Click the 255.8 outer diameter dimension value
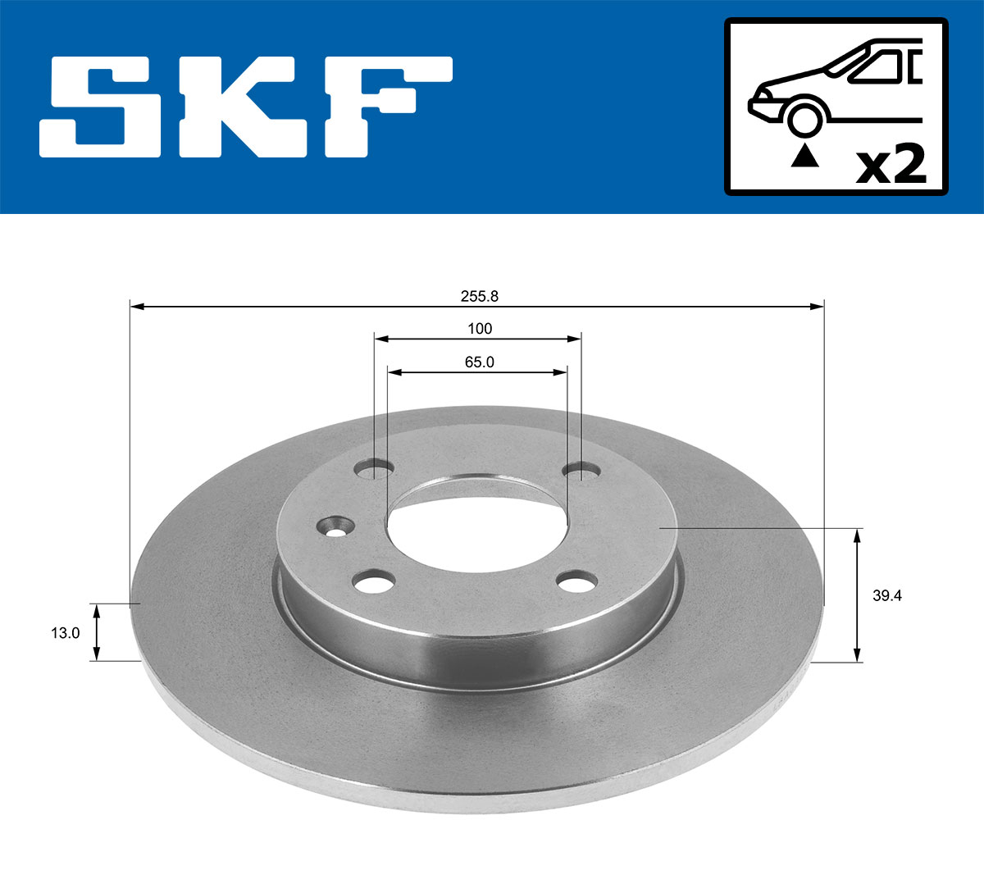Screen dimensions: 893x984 (479, 298)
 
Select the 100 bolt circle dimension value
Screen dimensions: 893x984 (479, 329)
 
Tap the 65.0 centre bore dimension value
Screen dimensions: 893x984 (479, 362)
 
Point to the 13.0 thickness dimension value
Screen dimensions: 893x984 (66, 632)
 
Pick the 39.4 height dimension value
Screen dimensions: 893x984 (886, 596)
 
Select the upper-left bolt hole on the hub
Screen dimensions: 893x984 (375, 468)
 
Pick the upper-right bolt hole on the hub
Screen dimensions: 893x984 (581, 471)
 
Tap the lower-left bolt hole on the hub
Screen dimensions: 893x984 (374, 583)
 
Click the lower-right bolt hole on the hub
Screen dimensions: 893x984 (576, 581)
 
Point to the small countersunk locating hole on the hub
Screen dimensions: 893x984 (335, 526)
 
